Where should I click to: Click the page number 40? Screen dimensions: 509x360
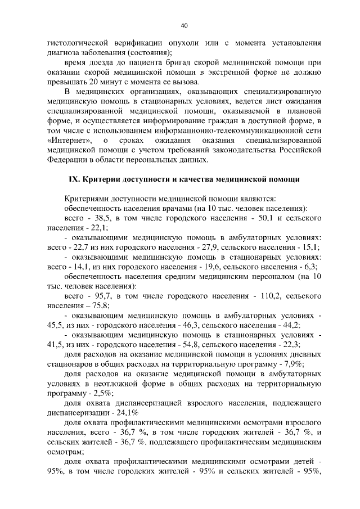tap(184, 25)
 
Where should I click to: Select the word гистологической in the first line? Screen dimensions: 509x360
tap(80, 42)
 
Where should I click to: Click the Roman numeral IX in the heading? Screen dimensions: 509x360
tap(74, 179)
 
